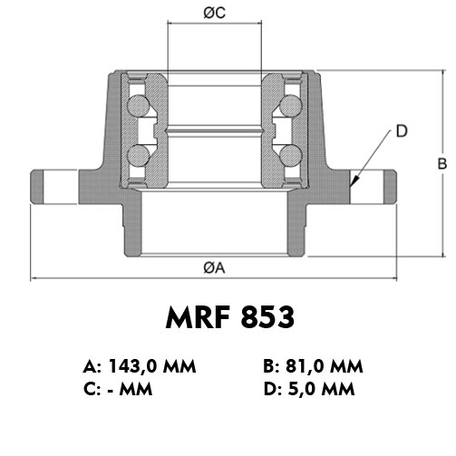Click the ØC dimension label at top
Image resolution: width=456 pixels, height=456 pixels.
(214, 13)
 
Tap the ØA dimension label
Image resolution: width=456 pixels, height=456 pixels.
(214, 267)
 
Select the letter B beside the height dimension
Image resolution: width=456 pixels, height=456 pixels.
(442, 163)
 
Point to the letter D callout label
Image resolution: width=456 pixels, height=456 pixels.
(402, 131)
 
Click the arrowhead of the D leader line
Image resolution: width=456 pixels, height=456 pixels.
(354, 181)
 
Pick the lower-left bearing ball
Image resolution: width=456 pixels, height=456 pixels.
(139, 156)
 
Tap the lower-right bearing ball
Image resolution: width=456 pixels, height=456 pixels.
(291, 156)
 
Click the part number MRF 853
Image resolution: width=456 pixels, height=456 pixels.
(229, 317)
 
